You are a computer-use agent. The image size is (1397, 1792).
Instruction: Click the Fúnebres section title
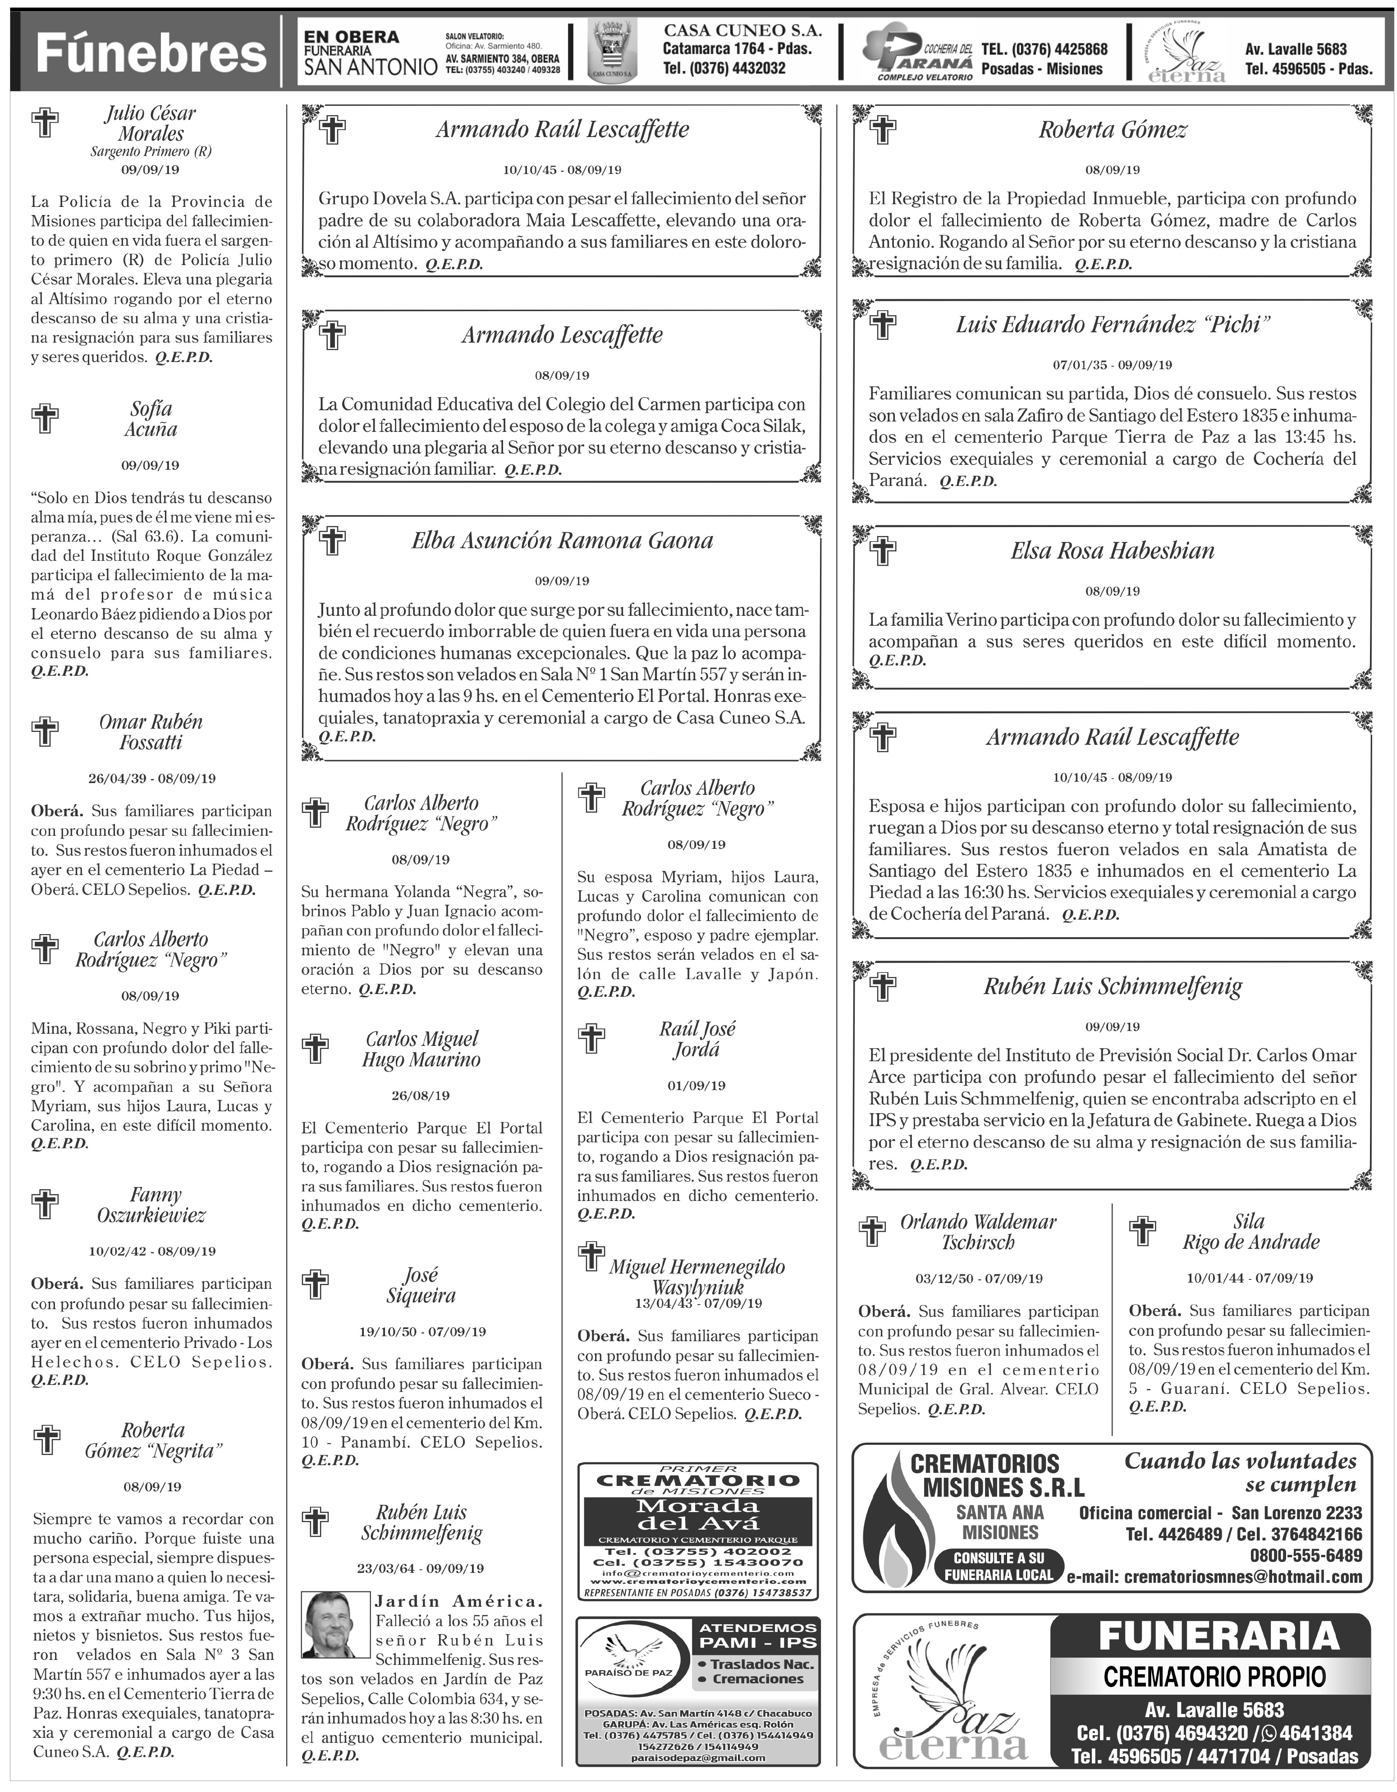[x=152, y=54]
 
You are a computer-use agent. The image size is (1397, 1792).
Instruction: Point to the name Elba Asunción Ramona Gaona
[x=562, y=540]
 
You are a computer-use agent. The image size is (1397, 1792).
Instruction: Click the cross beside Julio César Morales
[x=45, y=123]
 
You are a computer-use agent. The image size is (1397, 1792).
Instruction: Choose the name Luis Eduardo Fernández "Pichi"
[x=1113, y=325]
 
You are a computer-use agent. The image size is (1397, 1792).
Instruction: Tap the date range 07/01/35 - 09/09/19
[x=1113, y=365]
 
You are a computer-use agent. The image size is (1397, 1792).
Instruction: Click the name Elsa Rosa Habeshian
[x=1113, y=550]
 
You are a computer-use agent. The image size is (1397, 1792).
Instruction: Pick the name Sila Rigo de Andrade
[x=1250, y=1232]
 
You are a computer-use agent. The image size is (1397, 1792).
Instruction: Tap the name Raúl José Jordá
[x=696, y=1040]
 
